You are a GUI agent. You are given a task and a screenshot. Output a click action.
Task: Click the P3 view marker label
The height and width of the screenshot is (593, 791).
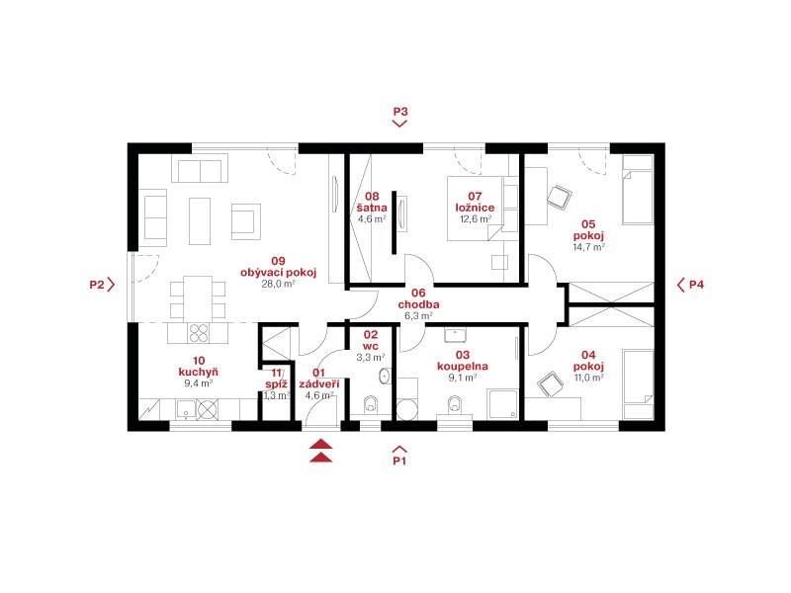tap(400, 112)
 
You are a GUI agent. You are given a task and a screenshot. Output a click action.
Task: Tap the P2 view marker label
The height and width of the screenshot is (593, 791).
tap(96, 285)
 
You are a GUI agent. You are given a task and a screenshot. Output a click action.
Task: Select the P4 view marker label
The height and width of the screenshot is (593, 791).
tap(696, 285)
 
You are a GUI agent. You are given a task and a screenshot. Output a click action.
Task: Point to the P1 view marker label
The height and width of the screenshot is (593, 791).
tap(399, 461)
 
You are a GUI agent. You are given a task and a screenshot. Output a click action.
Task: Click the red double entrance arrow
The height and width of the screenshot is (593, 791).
tap(321, 451)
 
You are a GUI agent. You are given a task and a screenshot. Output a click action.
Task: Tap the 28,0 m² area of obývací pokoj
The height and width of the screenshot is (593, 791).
tap(278, 284)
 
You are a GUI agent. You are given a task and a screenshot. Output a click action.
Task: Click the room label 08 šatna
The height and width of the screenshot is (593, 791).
tap(372, 202)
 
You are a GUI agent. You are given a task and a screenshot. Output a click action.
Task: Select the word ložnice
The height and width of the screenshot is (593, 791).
tap(475, 208)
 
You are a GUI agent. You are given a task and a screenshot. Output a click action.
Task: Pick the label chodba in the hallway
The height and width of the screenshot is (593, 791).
tap(418, 304)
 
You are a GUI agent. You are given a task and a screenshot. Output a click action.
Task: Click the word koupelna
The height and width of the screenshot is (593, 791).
tap(462, 367)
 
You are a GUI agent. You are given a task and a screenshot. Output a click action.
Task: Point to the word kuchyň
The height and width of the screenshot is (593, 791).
tap(199, 373)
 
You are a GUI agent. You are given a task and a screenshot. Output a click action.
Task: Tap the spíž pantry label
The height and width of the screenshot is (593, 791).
tap(277, 384)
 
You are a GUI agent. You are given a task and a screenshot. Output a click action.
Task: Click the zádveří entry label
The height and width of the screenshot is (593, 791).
tap(319, 384)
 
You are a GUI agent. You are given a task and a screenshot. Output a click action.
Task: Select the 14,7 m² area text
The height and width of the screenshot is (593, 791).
tap(588, 248)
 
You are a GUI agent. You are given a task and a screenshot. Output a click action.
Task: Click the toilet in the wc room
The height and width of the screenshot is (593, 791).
tap(371, 405)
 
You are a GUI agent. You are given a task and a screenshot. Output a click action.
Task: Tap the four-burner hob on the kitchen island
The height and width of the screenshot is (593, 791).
tap(199, 333)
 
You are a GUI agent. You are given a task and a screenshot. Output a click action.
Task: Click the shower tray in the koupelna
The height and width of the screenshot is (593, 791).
tap(502, 404)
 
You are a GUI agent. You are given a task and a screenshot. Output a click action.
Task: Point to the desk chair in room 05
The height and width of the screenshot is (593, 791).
tap(559, 197)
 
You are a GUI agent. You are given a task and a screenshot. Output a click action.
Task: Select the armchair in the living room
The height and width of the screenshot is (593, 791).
tap(245, 221)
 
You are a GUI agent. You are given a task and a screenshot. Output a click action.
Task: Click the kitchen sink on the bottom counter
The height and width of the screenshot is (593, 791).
tap(186, 410)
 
